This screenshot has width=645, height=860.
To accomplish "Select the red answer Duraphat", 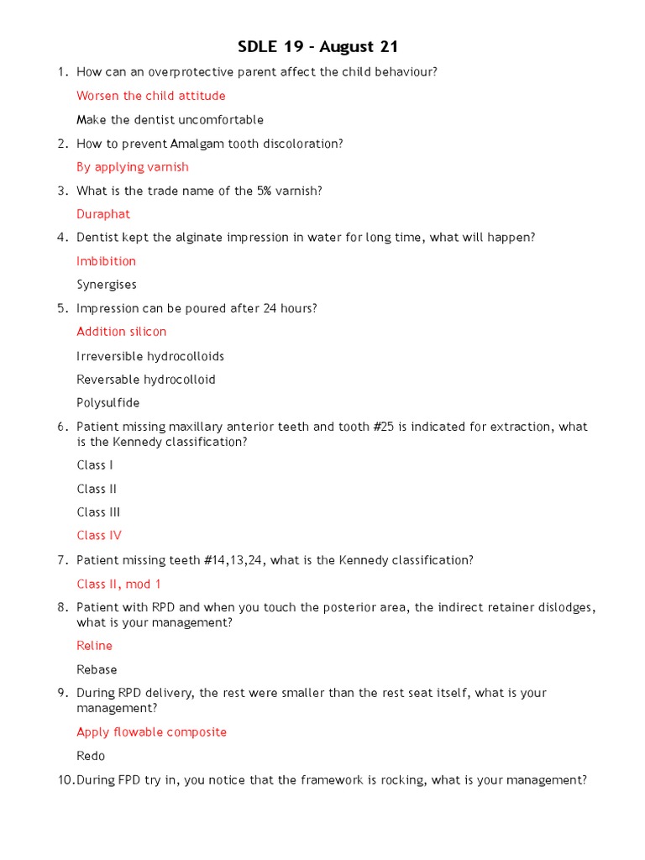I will coord(103,214).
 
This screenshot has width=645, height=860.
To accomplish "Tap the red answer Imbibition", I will coord(106,261).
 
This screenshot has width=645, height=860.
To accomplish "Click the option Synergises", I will coord(107,285).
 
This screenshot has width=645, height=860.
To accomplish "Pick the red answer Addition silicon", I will coord(121,332).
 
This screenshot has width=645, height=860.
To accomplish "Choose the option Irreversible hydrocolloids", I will coord(150,356).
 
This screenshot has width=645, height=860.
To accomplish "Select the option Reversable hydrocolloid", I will coord(145,380).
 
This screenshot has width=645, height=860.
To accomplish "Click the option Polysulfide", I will coord(108,403).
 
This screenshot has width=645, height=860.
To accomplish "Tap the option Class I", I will coord(95,465).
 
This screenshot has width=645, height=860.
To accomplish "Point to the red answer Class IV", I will coord(99,535).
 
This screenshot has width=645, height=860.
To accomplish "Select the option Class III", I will coord(97,512).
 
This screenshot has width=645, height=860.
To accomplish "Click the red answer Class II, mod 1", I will coord(118,584).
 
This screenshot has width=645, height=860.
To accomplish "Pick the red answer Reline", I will coord(94,646).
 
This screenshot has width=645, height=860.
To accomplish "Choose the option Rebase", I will coord(97,669).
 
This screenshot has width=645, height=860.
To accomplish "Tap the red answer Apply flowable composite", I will coord(151,732).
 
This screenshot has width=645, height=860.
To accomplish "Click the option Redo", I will coord(91,756).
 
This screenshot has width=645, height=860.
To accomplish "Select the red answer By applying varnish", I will coord(133,167).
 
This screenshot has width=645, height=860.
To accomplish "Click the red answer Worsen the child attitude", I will coord(150,96).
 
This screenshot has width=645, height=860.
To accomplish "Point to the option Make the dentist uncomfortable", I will coord(170,120).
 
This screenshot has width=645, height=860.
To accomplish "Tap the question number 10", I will coord(66,780).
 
